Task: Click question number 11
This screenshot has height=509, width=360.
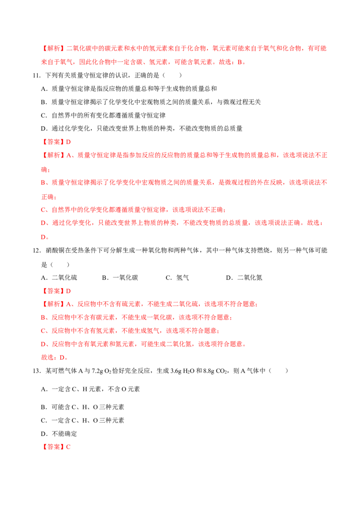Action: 36,76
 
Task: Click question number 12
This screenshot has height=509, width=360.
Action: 36,250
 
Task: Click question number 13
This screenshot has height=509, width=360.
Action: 36,371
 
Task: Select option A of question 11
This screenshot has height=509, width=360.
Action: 129,89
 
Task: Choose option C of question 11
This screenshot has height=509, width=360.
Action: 103,116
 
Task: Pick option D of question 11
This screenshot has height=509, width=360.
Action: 142,129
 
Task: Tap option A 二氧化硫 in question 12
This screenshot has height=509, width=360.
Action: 59,278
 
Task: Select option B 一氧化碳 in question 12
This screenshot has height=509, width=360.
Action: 120,278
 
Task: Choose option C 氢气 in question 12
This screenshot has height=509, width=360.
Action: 177,278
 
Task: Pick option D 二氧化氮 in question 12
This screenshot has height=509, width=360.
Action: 244,278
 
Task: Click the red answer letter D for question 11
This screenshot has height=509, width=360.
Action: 68,142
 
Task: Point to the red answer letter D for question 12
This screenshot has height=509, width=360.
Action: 68,291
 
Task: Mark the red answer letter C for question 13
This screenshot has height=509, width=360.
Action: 68,447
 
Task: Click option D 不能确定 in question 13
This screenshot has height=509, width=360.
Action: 59,434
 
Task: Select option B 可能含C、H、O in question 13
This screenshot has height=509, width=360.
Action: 82,407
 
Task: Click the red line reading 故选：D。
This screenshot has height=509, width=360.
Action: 54,357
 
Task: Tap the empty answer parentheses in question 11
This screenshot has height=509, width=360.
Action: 172,76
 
